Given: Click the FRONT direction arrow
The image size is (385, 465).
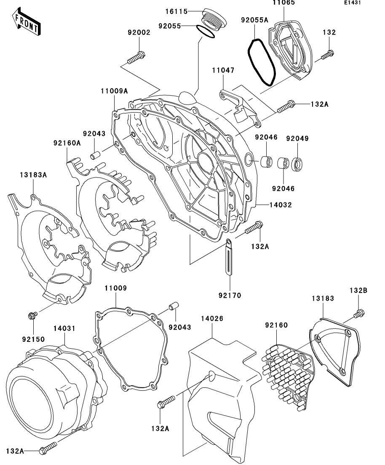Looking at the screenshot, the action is click(x=27, y=22).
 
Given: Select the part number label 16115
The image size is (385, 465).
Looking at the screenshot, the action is click(x=176, y=11).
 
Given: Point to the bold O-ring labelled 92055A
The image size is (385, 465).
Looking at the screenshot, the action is click(x=262, y=62).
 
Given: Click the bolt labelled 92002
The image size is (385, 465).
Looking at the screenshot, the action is click(x=136, y=58).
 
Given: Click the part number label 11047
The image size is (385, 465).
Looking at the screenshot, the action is click(x=223, y=70).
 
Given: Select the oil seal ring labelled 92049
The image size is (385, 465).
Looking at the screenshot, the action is click(x=297, y=164).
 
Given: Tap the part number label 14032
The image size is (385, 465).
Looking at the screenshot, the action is click(x=281, y=204).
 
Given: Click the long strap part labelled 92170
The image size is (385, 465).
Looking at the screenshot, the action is click(x=230, y=258).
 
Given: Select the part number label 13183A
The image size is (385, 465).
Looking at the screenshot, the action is click(x=33, y=175).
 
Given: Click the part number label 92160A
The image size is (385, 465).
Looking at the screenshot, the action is click(x=67, y=143).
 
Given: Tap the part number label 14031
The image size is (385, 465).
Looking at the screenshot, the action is click(x=64, y=328).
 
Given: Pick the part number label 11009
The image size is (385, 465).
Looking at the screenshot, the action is click(x=115, y=288).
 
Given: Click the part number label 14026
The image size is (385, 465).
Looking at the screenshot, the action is click(x=212, y=318).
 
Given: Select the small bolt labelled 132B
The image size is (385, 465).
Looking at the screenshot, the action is click(x=359, y=314).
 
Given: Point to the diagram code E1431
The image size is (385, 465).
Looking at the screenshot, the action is click(x=353, y=3).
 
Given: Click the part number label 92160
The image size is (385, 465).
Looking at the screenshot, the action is click(x=276, y=325).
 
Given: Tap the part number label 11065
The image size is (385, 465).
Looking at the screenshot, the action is click(x=283, y=3).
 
